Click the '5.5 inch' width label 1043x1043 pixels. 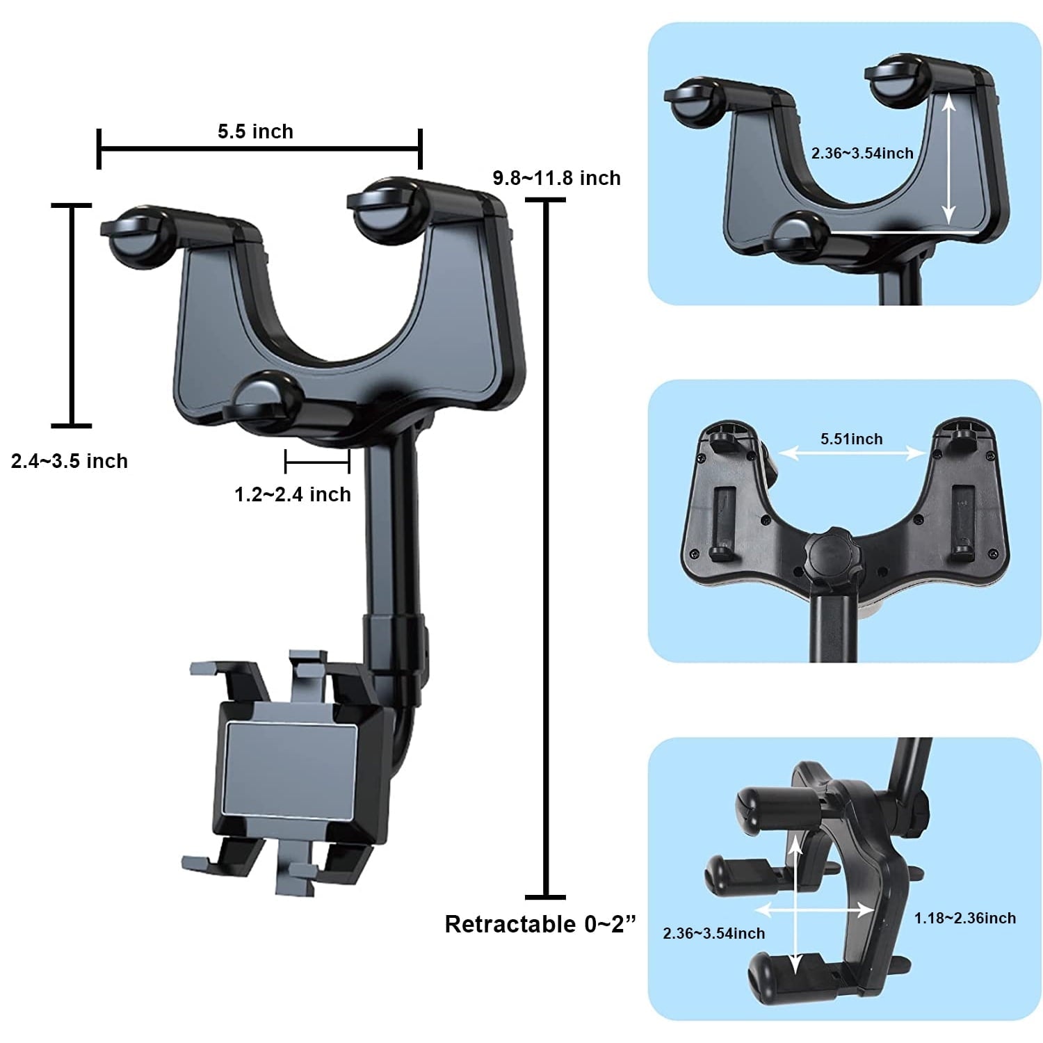[255, 131]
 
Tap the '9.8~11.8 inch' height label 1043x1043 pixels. [556, 178]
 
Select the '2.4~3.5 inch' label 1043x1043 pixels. [70, 461]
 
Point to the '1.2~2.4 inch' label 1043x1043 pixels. [293, 494]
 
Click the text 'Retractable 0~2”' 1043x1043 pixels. [540, 924]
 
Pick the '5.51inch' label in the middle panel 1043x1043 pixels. [851, 439]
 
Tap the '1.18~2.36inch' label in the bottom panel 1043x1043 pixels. [964, 918]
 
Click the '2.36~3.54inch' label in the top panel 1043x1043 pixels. [862, 153]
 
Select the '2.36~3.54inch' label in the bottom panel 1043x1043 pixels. [713, 933]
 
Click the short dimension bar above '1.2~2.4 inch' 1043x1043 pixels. [317, 460]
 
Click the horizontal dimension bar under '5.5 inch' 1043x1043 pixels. [259, 148]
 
